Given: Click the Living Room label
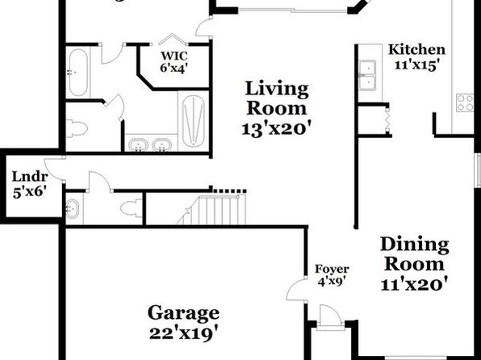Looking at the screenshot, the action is coord(277,98).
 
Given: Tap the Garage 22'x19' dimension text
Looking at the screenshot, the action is coord(183,333).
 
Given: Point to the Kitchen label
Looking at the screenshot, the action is coord(416,49).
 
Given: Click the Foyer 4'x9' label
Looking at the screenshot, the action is coord(332,275).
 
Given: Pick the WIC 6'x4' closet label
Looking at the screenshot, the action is coord(174,62).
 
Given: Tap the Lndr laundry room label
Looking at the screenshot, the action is coord(30,177).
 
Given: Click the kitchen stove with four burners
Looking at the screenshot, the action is coord(465,103).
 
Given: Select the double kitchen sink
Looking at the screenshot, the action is coord(367,75).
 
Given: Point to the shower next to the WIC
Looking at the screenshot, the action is coord(193,120).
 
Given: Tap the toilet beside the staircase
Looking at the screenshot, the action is coord(131,208).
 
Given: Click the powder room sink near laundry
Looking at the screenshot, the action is coord(72,209).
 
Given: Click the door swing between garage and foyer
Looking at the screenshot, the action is coord(297,290).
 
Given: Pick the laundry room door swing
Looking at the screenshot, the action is coord(55,170).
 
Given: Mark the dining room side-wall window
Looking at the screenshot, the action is coord(478,170).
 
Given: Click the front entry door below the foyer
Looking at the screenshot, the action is coord(330,316).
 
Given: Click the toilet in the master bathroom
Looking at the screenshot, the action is coord(77,128).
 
